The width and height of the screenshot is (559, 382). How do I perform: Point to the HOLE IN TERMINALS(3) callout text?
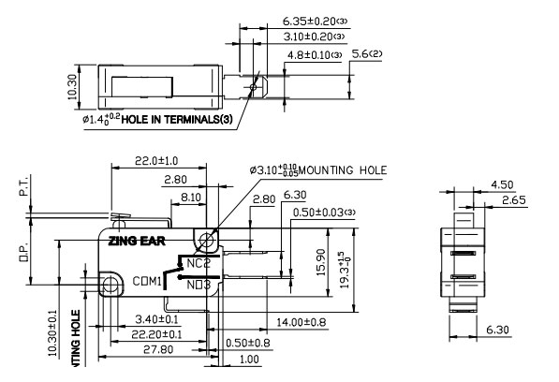click(x=180, y=120)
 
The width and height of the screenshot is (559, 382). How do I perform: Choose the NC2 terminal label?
click(x=198, y=263)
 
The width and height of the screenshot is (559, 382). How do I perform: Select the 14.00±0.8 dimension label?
click(x=300, y=323)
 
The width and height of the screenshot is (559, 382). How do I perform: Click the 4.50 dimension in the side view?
click(x=501, y=184)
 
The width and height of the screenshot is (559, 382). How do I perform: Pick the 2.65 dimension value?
click(x=512, y=199)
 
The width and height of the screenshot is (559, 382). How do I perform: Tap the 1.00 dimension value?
click(x=249, y=360)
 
